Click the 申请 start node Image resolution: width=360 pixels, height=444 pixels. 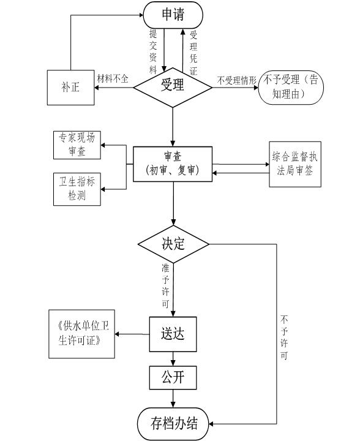(x=173, y=14)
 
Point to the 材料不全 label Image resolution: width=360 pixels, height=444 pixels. (x=113, y=78)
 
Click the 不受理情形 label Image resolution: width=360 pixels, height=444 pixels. (x=236, y=80)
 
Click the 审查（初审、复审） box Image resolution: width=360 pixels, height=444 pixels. (x=173, y=164)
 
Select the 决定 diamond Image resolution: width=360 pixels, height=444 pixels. (x=173, y=244)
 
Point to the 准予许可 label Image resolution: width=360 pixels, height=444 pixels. (x=165, y=285)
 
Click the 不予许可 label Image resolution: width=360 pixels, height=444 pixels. (x=284, y=337)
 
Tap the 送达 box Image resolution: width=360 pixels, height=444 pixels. (x=173, y=334)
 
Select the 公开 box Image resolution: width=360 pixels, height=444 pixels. (x=173, y=377)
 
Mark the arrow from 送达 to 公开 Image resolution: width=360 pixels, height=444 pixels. (x=173, y=358)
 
